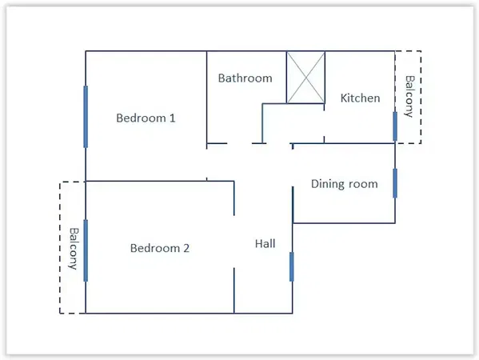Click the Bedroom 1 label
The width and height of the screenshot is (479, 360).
click(x=146, y=118)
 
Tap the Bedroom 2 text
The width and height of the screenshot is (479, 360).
click(x=160, y=248)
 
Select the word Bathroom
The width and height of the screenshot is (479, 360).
click(x=245, y=78)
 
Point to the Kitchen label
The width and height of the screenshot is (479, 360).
click(x=360, y=98)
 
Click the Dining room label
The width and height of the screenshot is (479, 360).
click(x=344, y=184)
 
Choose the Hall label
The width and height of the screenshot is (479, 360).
click(x=265, y=243)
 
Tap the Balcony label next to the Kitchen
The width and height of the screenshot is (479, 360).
click(x=409, y=97)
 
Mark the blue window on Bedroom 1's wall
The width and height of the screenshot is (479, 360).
click(x=86, y=116)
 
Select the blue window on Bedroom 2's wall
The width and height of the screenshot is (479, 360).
click(x=86, y=250)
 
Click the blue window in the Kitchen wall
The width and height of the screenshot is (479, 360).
click(x=395, y=125)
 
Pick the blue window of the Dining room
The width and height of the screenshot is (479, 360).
click(x=395, y=182)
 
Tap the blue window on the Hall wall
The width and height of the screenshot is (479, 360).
click(x=292, y=266)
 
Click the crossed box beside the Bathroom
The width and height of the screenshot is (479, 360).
click(x=305, y=78)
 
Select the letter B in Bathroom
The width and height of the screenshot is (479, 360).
click(x=222, y=78)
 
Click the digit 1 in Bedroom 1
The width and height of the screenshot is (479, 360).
click(x=172, y=118)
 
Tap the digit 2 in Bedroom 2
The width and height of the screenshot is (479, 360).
click(x=186, y=248)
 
